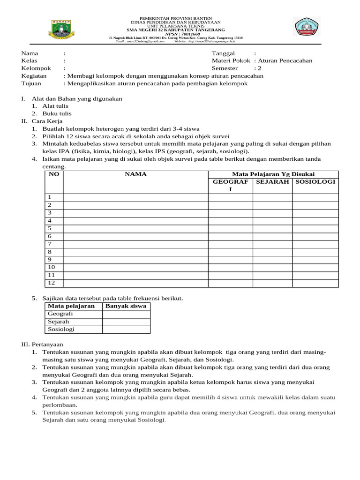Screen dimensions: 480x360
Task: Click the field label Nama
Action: pyautogui.click(x=30, y=53)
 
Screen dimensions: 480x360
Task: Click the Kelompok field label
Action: pyautogui.click(x=36, y=68)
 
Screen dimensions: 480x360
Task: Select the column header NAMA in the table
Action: pyautogui.click(x=135, y=174)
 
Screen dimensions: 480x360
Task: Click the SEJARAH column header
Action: pyautogui.click(x=272, y=182)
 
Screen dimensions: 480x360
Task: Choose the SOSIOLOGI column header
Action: pyautogui.click(x=315, y=182)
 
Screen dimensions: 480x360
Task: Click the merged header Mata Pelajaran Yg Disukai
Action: pyautogui.click(x=273, y=174)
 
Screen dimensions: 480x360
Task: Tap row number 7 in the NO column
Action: pyautogui.click(x=50, y=244)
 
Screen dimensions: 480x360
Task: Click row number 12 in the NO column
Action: pyautogui.click(x=52, y=283)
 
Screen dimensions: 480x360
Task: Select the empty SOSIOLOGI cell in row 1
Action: pyautogui.click(x=315, y=197)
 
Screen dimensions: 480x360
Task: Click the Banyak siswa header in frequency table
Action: pyautogui.click(x=126, y=306)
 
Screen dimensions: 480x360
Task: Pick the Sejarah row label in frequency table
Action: pyautogui.click(x=59, y=322)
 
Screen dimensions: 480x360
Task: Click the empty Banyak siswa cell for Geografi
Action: pyautogui.click(x=126, y=314)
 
